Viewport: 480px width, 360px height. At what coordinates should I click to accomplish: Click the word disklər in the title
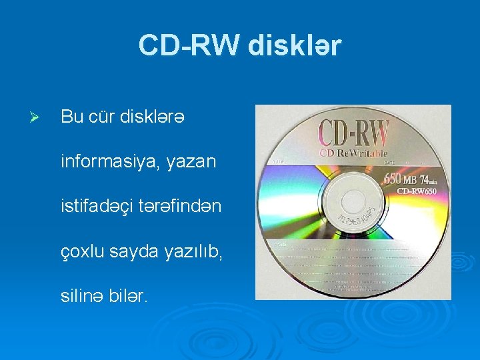click(295, 45)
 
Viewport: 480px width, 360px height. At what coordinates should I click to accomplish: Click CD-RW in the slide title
click(189, 45)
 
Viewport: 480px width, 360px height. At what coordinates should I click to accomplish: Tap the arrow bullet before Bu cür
click(38, 117)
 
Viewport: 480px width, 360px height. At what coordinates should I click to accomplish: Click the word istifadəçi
click(101, 207)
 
